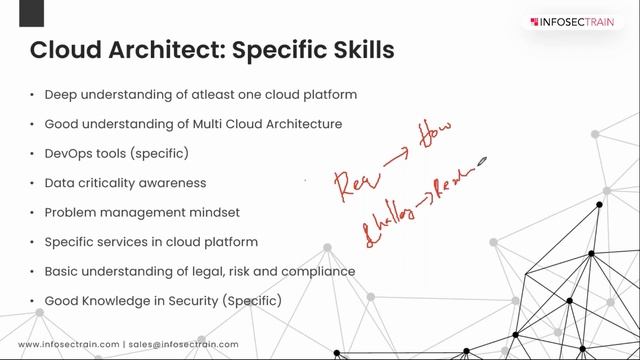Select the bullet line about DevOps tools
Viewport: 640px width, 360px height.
click(x=116, y=154)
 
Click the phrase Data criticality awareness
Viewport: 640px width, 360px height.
click(x=125, y=183)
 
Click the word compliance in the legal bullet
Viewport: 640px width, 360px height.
click(x=321, y=271)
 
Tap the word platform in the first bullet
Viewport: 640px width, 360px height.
click(x=329, y=95)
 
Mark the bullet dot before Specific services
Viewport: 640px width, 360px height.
click(x=33, y=242)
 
